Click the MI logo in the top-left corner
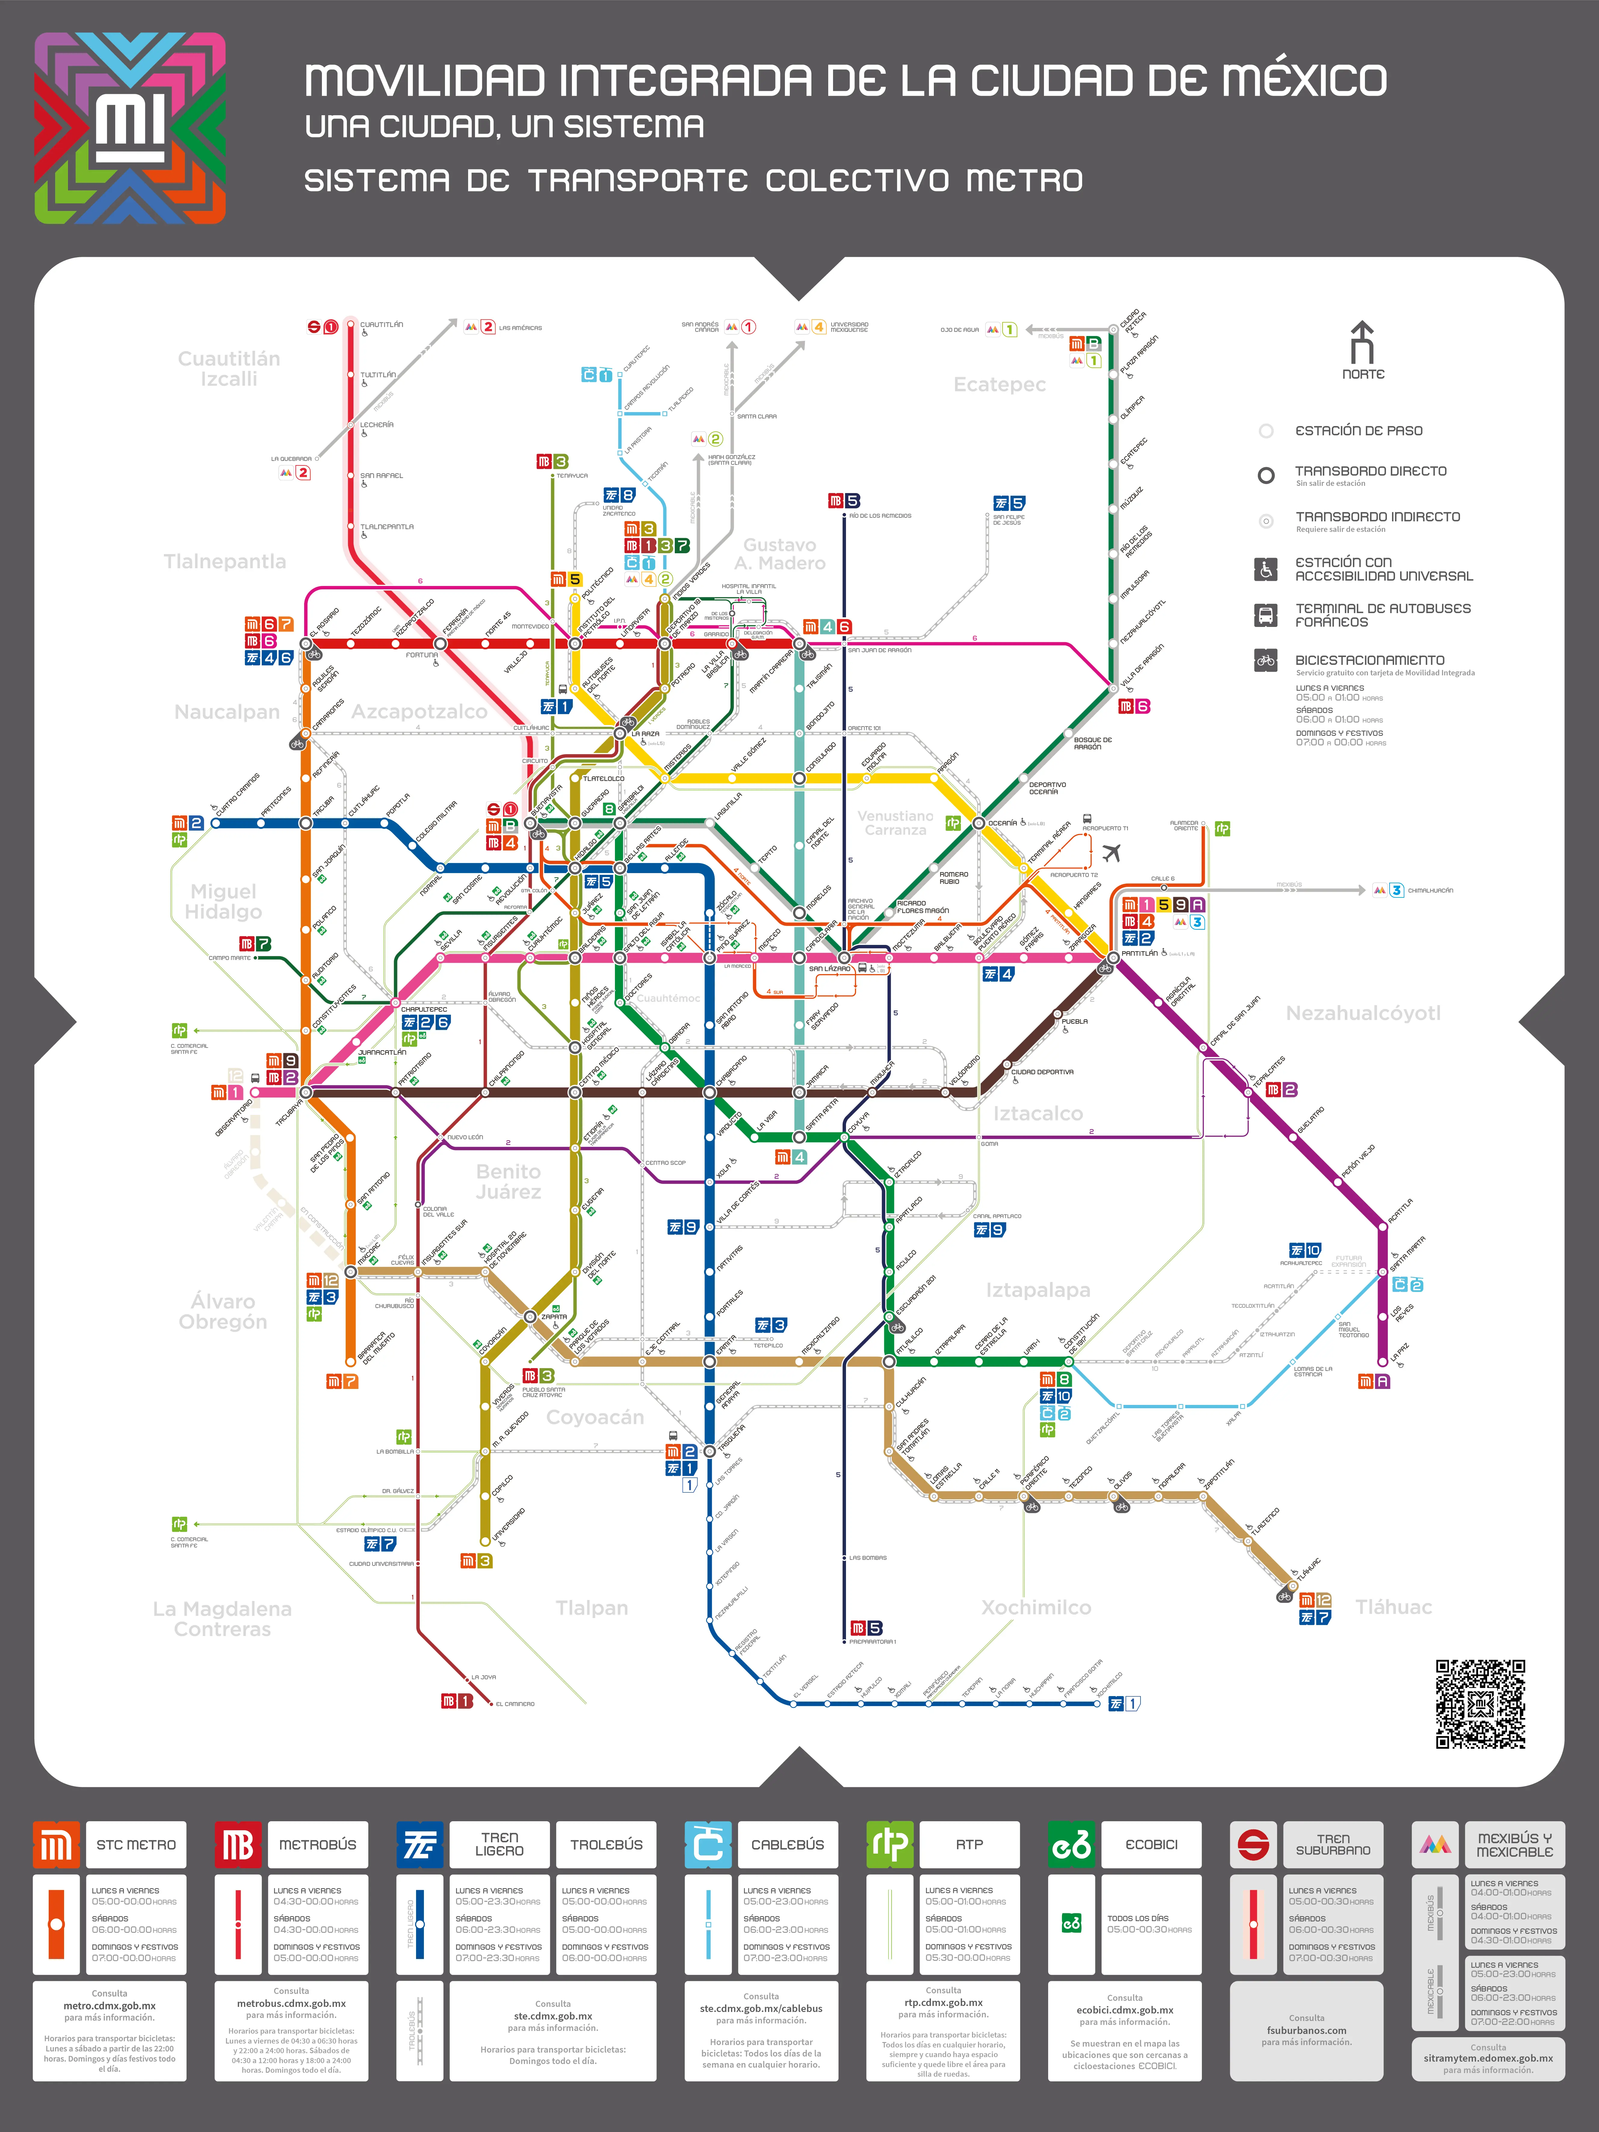coord(130,128)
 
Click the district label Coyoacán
coord(595,1417)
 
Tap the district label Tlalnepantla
coord(224,561)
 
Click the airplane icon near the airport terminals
coord(1111,853)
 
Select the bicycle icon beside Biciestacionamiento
coord(1266,660)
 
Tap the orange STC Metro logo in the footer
coord(56,1845)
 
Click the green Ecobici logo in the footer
coord(1071,1845)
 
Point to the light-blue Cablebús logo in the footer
coord(708,1845)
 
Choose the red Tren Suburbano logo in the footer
coord(1253,1845)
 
